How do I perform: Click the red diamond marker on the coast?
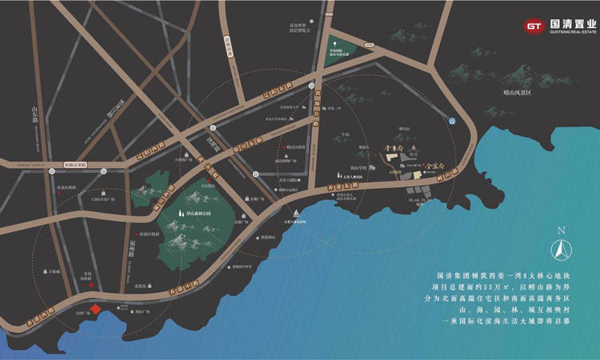(x=94, y=310)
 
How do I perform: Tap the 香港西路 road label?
(x=42, y=313)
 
